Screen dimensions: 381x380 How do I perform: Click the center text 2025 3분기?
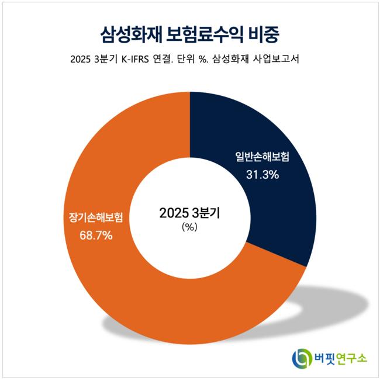pos(190,213)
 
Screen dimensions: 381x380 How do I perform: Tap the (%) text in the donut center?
pos(190,228)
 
